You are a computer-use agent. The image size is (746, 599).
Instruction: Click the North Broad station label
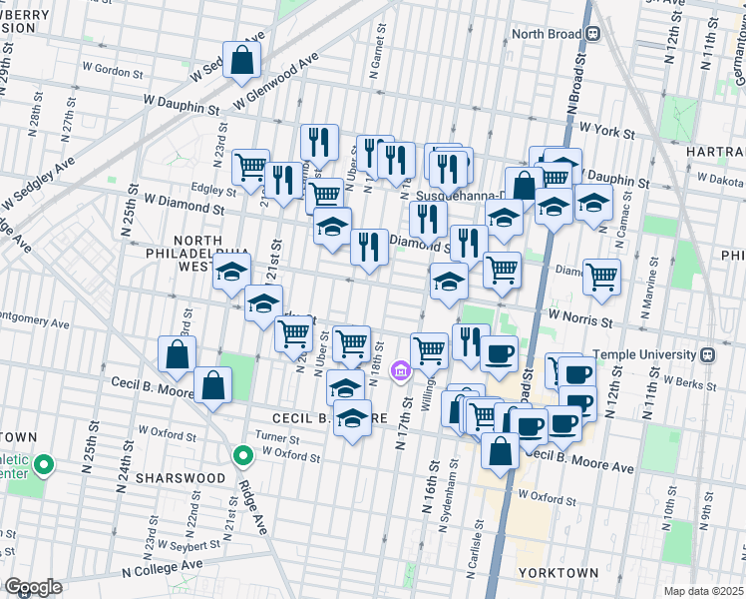coord(547,33)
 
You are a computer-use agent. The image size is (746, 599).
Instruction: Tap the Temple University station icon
coord(706,354)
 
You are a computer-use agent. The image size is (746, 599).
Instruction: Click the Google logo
coord(33,587)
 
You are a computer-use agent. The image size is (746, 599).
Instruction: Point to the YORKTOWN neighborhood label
coord(559,573)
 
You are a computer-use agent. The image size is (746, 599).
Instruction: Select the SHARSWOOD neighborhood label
coord(185,478)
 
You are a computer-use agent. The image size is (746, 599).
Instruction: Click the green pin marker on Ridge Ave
coord(241,456)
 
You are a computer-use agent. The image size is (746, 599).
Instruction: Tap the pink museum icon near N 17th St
coord(401,372)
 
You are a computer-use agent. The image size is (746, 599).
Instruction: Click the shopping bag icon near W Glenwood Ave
coord(241,61)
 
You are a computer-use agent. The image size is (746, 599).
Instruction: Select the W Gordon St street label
coord(106,72)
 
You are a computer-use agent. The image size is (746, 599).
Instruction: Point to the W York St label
coord(607,131)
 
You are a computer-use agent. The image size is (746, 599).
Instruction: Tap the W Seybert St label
coord(188,546)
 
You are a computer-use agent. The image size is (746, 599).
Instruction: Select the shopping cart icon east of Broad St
coord(601,277)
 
